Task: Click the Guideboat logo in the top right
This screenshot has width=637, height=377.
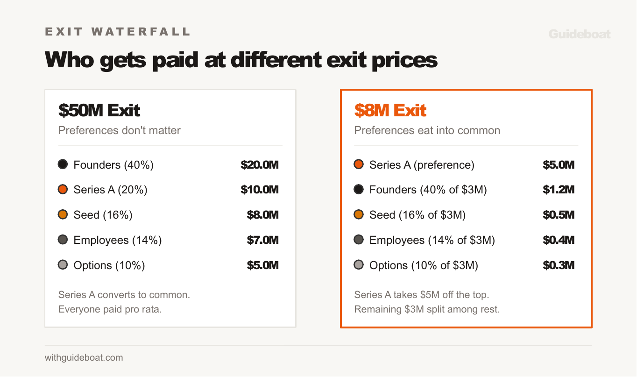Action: click(579, 34)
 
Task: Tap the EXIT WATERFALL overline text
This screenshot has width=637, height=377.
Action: click(118, 32)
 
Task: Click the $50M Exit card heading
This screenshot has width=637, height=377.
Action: click(99, 110)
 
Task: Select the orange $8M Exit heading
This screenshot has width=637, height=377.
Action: click(390, 110)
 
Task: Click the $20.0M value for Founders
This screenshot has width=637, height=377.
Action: click(260, 164)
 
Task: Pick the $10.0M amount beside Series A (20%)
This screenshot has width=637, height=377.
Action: click(260, 190)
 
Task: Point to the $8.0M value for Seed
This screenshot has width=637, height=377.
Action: click(262, 215)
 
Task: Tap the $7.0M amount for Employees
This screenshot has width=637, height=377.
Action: click(262, 240)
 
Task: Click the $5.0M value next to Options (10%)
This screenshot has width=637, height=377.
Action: click(262, 265)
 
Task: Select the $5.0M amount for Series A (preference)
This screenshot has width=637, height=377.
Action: click(559, 164)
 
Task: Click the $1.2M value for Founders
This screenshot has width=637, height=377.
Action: click(559, 190)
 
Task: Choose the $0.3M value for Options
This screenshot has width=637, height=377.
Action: click(559, 265)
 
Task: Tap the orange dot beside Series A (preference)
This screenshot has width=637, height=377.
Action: click(359, 164)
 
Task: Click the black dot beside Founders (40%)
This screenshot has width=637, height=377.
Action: click(63, 164)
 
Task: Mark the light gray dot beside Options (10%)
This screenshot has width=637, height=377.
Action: click(63, 265)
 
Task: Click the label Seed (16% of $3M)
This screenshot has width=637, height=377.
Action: click(418, 215)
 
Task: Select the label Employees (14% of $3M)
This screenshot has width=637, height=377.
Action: click(432, 240)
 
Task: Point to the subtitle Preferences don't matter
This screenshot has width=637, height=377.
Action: click(119, 130)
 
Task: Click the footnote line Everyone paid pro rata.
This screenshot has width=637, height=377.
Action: click(110, 309)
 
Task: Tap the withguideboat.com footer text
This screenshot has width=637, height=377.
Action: click(84, 358)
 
